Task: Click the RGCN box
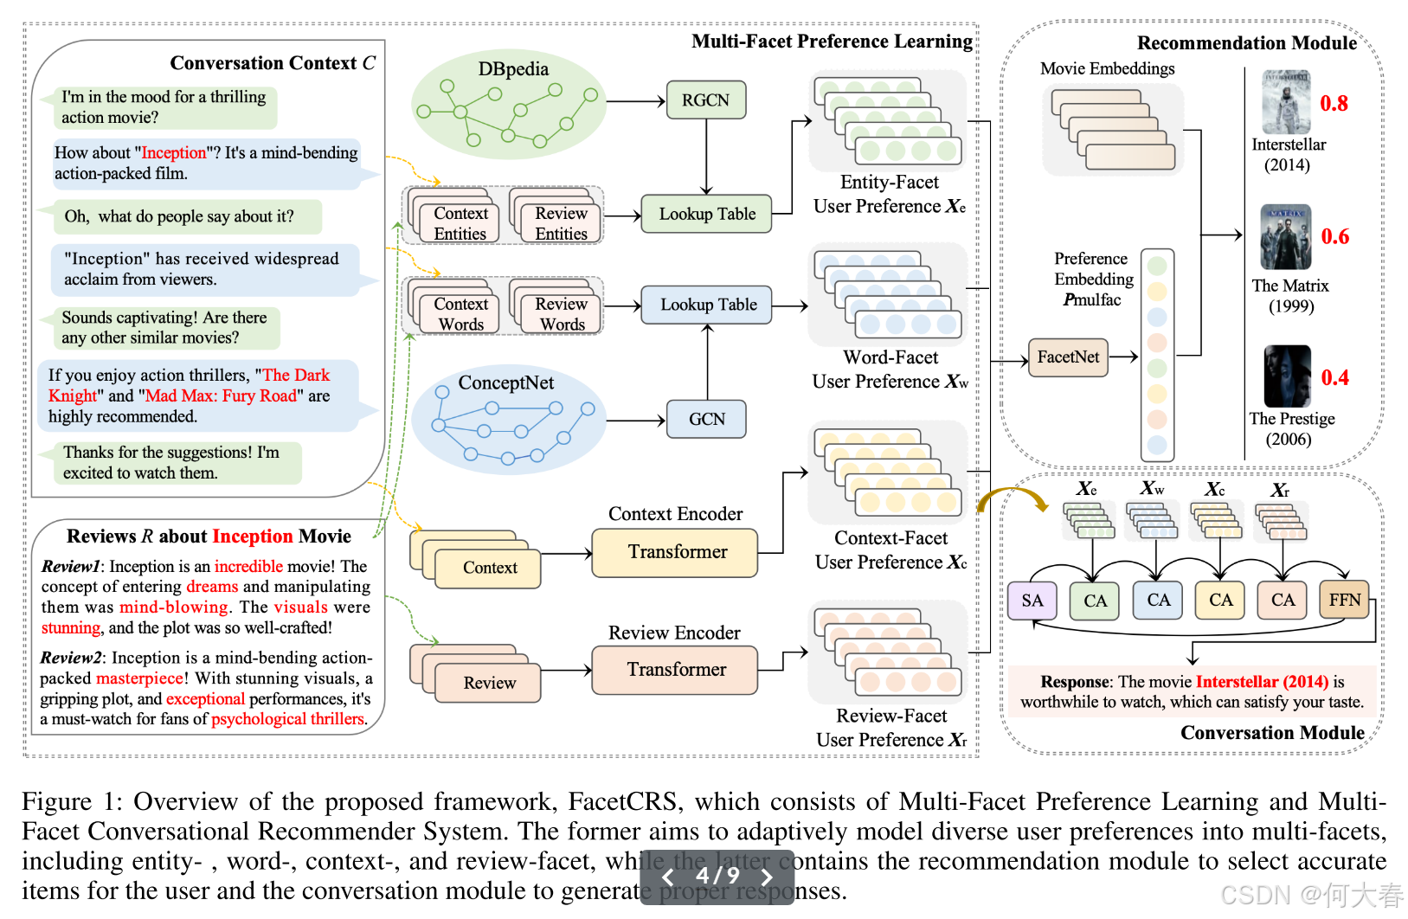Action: (705, 100)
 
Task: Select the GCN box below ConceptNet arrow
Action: (706, 420)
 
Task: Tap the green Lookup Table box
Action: (706, 214)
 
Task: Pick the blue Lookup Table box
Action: (706, 305)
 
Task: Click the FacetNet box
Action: (1068, 357)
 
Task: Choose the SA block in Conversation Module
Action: (1032, 601)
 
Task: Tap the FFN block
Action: (1344, 600)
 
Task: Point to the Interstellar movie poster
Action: (1286, 102)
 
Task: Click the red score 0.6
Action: (1334, 237)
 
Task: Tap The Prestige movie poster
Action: (1287, 376)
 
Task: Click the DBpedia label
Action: (513, 69)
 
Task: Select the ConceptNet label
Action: (505, 382)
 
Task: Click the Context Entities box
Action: (460, 223)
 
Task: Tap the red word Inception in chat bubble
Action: (173, 153)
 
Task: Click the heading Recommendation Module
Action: (1246, 43)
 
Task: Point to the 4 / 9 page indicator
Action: (717, 876)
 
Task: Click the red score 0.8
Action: (1334, 104)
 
